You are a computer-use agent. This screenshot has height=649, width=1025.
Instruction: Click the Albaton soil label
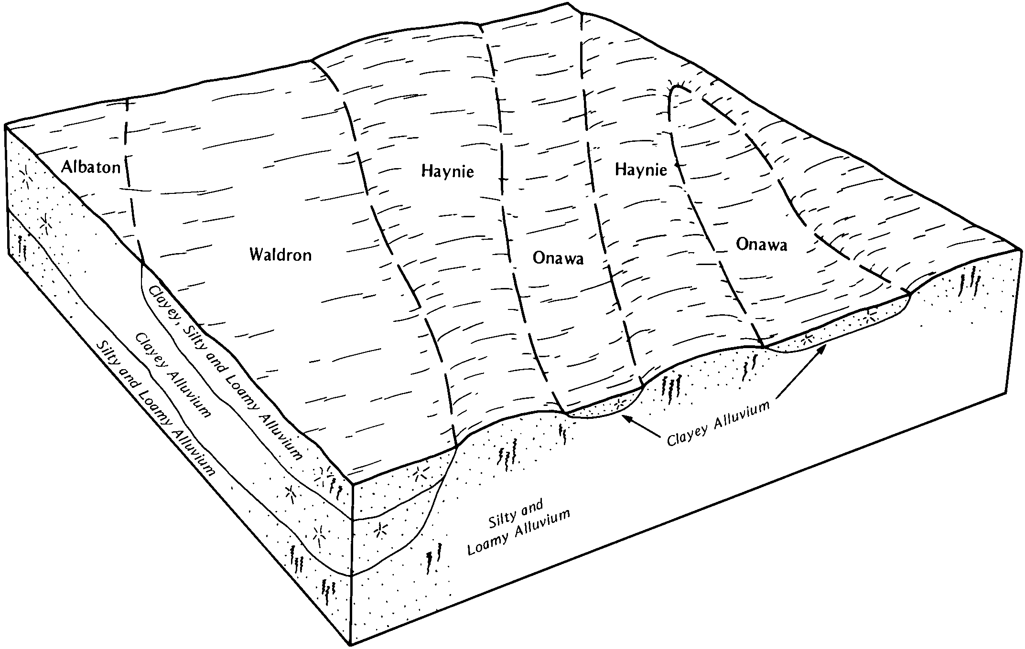(x=91, y=167)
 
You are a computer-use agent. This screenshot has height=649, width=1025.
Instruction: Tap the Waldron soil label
(x=281, y=255)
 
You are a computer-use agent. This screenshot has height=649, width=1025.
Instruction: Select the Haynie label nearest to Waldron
(x=447, y=171)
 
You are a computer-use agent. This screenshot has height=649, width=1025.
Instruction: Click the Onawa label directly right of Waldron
(x=558, y=258)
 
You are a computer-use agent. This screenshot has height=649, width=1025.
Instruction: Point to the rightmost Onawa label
(x=761, y=244)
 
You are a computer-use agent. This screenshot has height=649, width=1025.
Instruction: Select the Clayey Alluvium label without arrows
(x=173, y=375)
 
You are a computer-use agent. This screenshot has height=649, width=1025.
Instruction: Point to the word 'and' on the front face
(x=532, y=506)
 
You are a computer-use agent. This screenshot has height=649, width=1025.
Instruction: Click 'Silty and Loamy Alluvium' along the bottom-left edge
(x=155, y=409)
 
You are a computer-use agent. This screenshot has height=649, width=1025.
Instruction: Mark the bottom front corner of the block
(x=352, y=645)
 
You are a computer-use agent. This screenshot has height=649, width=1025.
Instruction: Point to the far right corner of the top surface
(x=1021, y=249)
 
